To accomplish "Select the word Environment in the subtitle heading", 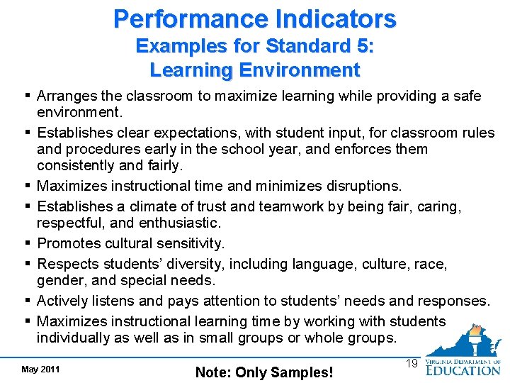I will (300, 70).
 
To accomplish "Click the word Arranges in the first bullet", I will (64, 96).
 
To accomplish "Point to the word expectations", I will (171, 133).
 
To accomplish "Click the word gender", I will (59, 281).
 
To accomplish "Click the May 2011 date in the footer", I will (40, 369).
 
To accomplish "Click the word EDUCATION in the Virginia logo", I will (463, 370).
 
